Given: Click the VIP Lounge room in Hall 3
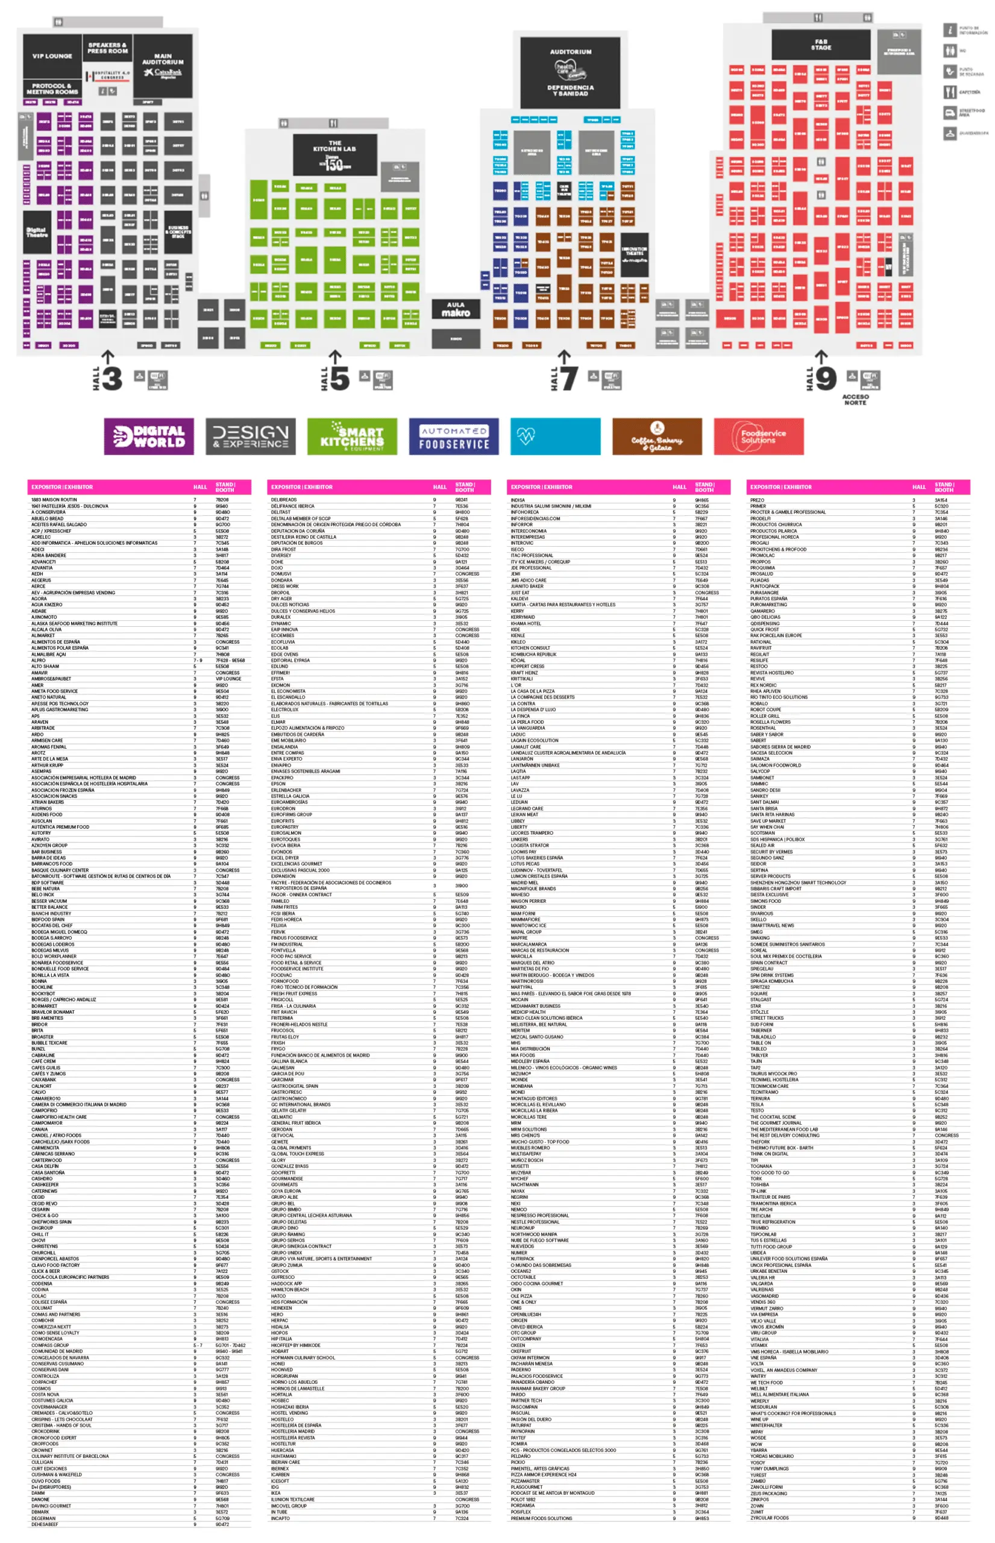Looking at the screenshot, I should point(52,56).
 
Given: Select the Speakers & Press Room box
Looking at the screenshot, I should point(107,48).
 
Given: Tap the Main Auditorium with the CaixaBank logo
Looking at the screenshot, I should point(163,66).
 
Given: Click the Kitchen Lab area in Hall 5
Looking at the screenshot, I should point(334,154).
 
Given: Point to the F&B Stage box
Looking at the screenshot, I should point(821,45).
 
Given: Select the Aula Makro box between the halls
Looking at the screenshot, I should point(456,309).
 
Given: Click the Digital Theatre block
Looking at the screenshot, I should point(36,233).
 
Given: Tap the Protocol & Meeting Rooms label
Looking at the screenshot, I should point(52,89).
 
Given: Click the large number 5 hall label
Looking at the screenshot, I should point(340,379).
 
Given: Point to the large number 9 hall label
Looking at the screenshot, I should point(826,379).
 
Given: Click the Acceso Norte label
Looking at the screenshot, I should point(855,400).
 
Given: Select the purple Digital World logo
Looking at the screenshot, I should point(149,437).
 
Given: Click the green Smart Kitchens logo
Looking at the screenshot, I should point(352,437).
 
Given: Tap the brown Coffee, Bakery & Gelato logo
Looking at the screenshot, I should point(656,437).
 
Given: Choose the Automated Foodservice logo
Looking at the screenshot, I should point(454,437).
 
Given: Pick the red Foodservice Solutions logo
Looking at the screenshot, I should point(759,437).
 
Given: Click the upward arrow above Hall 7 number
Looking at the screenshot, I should point(564,356).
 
